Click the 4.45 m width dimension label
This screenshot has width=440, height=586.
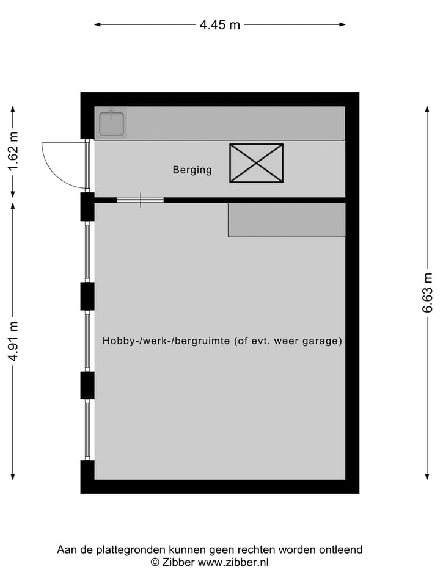point(219,24)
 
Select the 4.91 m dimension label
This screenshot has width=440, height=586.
point(13,341)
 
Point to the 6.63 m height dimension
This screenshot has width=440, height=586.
point(427,292)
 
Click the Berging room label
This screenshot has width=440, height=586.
point(193,170)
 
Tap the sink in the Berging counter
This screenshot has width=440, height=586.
point(111,124)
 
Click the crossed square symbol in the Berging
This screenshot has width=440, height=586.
point(256,163)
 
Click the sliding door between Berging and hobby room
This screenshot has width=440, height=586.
point(141,200)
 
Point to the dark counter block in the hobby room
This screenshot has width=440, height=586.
point(287,220)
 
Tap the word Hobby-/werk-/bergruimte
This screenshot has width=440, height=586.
point(166,341)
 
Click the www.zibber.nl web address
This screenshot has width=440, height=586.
point(233,562)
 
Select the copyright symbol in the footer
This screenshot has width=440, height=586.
point(155,562)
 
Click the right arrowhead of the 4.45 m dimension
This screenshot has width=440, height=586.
point(343,24)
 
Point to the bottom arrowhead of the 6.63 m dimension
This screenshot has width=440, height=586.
point(427,477)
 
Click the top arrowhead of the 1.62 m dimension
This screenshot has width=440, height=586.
point(13,109)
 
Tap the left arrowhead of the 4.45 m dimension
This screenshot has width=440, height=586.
point(97,24)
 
